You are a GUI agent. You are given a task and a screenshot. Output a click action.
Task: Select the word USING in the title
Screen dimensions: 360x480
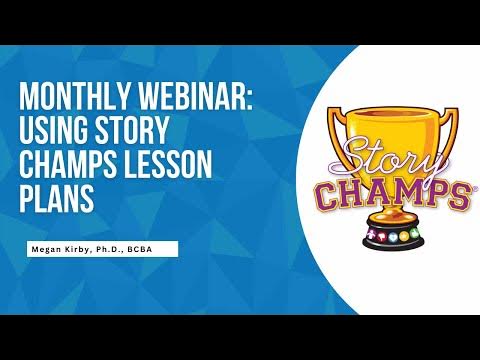[58, 132]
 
